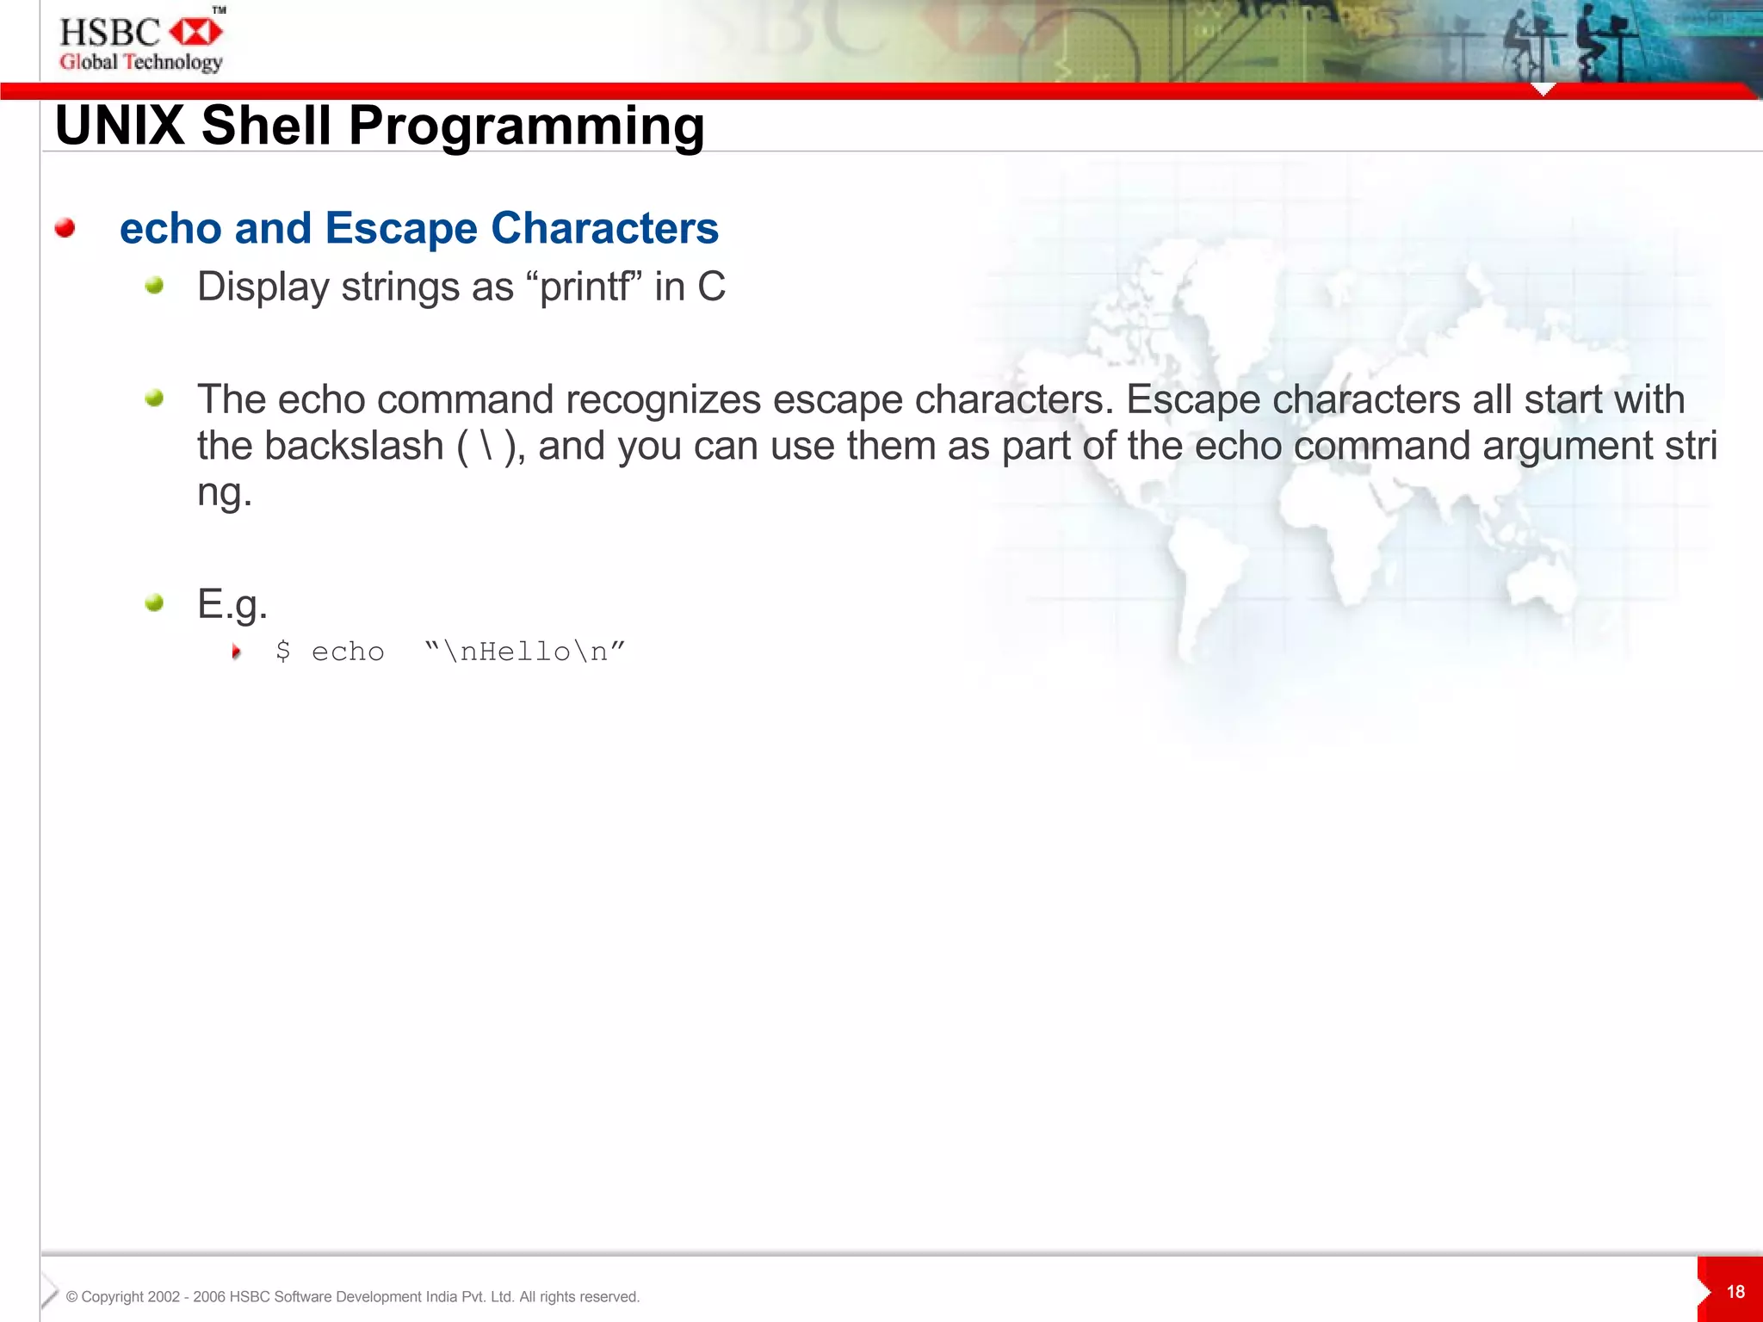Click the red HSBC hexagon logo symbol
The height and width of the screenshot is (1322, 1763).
[196, 33]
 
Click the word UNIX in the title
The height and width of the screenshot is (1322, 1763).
[120, 126]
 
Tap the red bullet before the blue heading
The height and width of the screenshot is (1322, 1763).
[65, 228]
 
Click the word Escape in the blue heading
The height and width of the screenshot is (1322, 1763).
[401, 229]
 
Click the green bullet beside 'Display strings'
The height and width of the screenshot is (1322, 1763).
[154, 286]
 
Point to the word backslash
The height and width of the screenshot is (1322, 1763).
[354, 446]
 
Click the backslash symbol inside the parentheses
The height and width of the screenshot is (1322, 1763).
[486, 446]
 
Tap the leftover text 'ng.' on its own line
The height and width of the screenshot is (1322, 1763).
[224, 492]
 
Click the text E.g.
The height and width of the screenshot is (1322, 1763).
[232, 603]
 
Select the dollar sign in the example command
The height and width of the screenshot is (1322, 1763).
[282, 652]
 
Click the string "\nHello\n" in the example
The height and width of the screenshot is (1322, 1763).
[525, 652]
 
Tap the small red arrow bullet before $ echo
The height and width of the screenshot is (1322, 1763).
[236, 652]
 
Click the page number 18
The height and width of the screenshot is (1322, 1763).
[1735, 1292]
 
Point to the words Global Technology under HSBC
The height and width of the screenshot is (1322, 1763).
[141, 62]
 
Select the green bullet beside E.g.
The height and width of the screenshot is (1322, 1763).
[154, 602]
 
